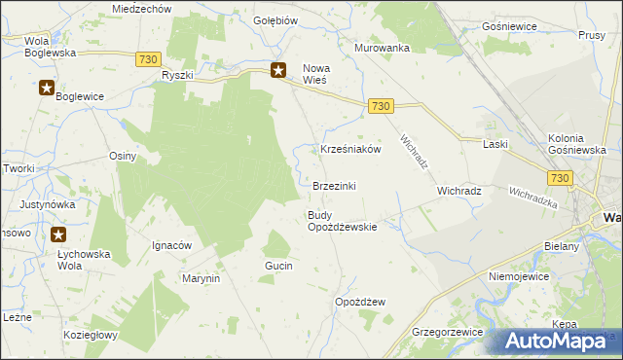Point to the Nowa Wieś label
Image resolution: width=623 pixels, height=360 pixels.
point(316,74)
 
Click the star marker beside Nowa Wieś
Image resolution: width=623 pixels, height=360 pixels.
point(278,69)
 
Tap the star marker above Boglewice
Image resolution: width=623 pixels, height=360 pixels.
point(47,89)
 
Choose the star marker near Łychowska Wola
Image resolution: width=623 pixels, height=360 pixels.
point(58,234)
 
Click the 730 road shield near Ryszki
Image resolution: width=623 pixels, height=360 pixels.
point(148,60)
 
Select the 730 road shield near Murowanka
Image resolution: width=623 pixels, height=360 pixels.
point(381,106)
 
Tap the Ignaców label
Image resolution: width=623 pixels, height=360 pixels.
point(171,245)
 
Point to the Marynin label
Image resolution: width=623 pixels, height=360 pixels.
point(202,278)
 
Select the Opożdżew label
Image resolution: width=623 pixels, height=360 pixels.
point(360,302)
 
